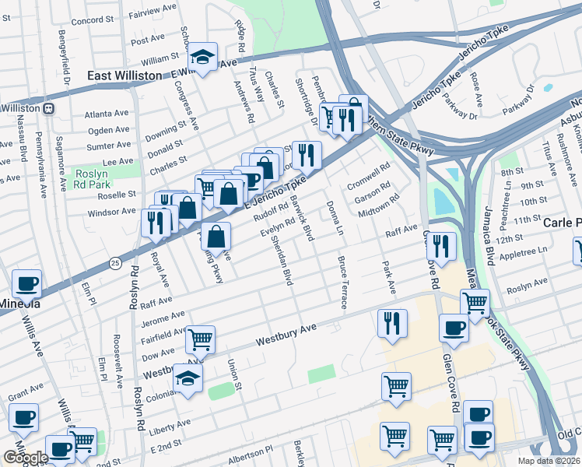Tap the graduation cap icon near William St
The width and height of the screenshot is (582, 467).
pyautogui.click(x=203, y=58)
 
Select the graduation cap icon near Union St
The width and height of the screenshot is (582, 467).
pyautogui.click(x=188, y=379)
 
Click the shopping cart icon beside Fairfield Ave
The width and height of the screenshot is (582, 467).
pyautogui.click(x=201, y=339)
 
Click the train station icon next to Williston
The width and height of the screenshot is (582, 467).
pyautogui.click(x=48, y=107)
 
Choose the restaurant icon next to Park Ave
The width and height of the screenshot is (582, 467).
pyautogui.click(x=391, y=322)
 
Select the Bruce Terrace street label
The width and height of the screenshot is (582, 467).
pyautogui.click(x=341, y=282)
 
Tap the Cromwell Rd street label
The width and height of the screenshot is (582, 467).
pyautogui.click(x=369, y=177)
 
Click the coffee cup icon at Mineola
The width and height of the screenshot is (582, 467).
pyautogui.click(x=26, y=284)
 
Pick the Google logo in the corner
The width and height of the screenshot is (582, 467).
pyautogui.click(x=26, y=458)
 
